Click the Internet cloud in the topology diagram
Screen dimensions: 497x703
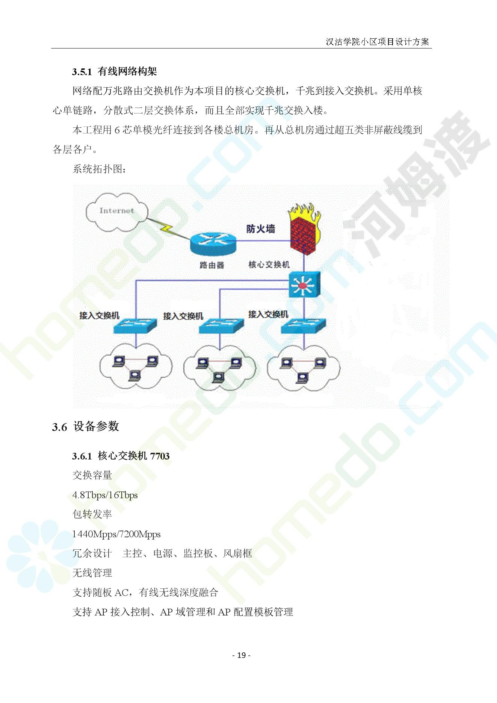[116, 212]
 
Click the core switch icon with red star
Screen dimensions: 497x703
[304, 284]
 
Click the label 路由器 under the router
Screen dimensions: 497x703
[212, 265]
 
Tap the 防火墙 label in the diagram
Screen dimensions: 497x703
[261, 229]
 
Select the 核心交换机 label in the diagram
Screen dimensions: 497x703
[269, 265]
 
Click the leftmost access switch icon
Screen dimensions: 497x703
[135, 326]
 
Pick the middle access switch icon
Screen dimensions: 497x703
[221, 326]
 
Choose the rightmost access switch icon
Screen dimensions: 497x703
[304, 326]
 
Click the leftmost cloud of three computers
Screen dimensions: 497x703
[136, 366]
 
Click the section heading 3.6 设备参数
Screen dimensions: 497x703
[86, 426]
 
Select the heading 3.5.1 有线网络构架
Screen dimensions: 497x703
[115, 71]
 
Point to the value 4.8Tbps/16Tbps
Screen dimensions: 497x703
[105, 495]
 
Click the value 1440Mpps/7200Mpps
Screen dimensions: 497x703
[116, 534]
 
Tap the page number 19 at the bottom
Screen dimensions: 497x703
[242, 655]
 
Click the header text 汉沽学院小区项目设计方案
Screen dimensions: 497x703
[377, 42]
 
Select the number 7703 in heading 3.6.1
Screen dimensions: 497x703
[160, 456]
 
